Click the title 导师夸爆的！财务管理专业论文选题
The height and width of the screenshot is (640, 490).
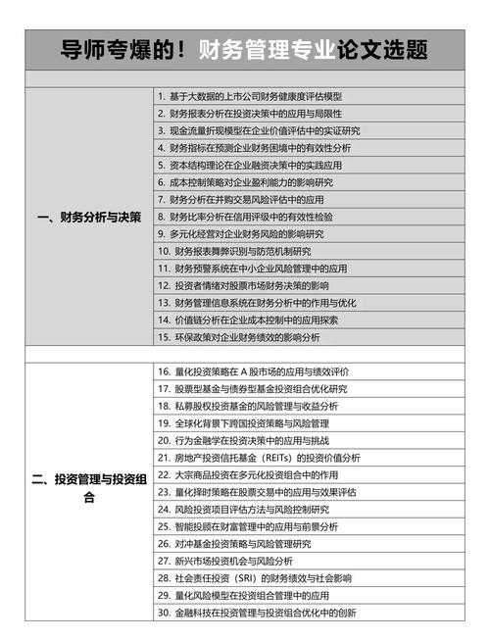245,49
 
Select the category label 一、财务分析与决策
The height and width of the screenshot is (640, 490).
88,217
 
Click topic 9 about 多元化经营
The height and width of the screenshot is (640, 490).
240,233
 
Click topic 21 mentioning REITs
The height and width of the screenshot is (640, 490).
259,458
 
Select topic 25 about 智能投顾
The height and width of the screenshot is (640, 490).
247,526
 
